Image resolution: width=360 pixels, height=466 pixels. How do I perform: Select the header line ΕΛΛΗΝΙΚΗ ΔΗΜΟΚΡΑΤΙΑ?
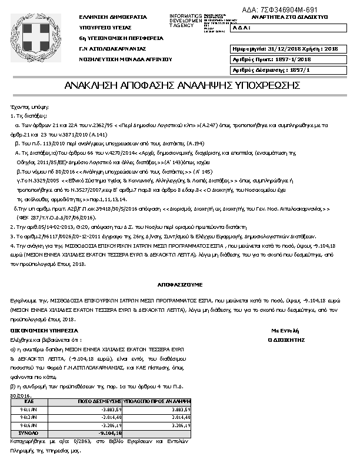105,17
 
